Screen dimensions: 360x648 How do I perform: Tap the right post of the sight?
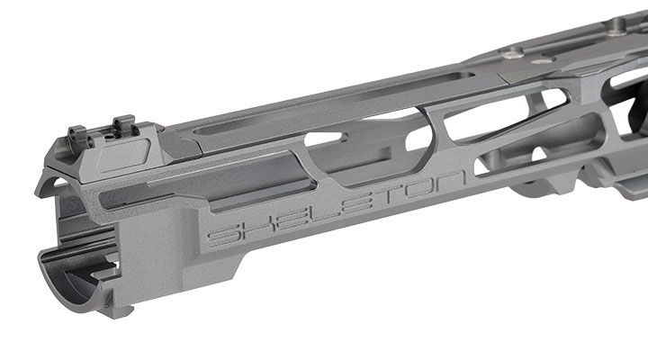[125, 124]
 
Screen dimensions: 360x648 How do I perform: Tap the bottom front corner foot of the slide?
[121, 310]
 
